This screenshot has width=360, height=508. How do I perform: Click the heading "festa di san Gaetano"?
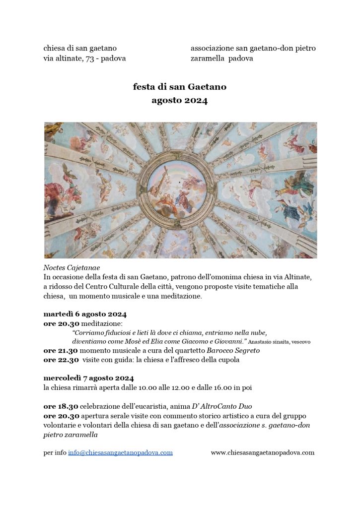[179, 87]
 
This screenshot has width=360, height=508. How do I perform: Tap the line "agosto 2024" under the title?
[179, 101]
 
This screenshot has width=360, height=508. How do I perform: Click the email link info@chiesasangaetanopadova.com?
[120, 452]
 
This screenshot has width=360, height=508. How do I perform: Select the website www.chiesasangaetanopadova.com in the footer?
[262, 452]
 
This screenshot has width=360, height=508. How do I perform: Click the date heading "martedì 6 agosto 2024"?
[85, 315]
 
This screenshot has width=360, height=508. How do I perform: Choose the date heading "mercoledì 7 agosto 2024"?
[88, 378]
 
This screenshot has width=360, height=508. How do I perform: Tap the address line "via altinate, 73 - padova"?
[84, 58]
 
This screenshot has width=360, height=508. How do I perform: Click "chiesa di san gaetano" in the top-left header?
[80, 48]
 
